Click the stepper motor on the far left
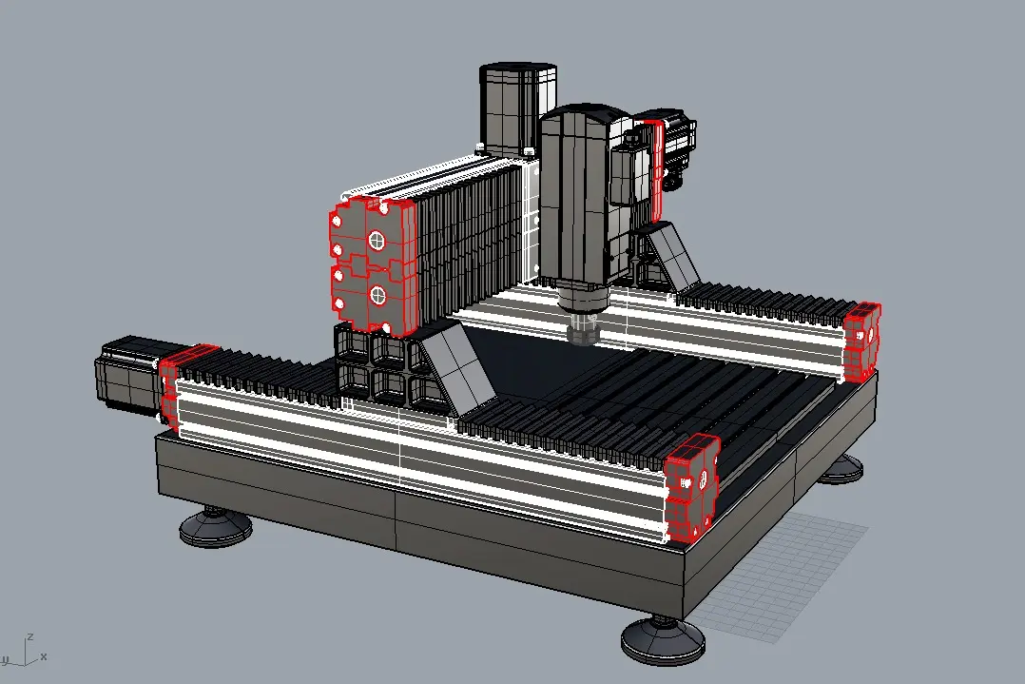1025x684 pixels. (x=128, y=373)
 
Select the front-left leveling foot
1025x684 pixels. (x=215, y=527)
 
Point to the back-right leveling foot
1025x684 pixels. (x=841, y=469)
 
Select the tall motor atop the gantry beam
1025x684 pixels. (x=517, y=107)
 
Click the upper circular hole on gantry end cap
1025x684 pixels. (x=377, y=241)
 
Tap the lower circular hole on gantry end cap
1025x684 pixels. (x=377, y=296)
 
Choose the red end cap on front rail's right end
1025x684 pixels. (x=692, y=487)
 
